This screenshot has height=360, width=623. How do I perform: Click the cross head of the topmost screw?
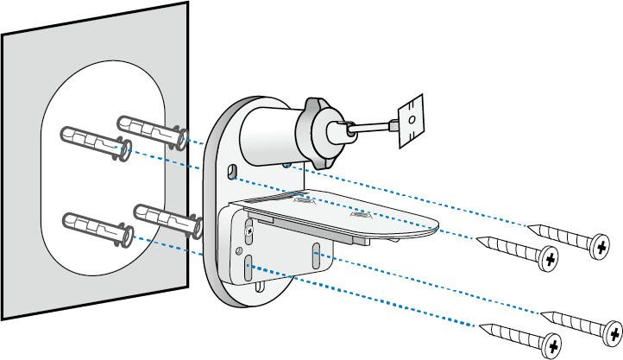601,248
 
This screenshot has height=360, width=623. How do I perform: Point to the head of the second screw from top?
548,258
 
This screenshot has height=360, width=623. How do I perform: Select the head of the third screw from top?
610,332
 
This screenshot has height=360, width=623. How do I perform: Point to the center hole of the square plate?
412,117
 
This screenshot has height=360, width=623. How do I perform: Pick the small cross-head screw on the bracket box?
250,231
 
